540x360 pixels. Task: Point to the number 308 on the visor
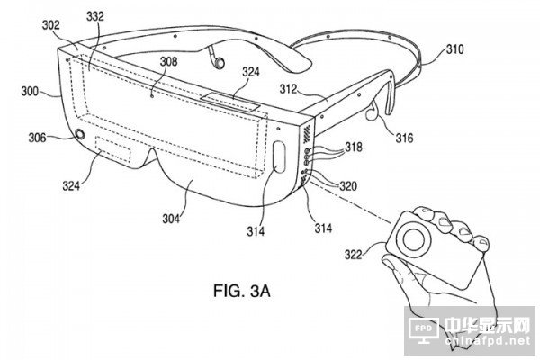pos(167,62)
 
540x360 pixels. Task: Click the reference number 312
pos(290,88)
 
